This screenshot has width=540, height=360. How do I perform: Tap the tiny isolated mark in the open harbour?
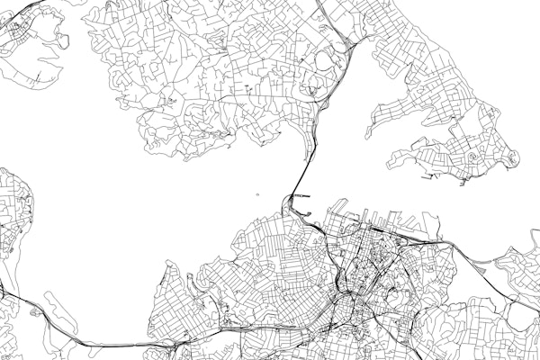tap(257, 193)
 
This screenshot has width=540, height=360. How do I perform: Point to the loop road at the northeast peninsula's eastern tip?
tap(511, 158)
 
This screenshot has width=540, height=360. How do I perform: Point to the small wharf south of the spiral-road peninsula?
tap(463, 183)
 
